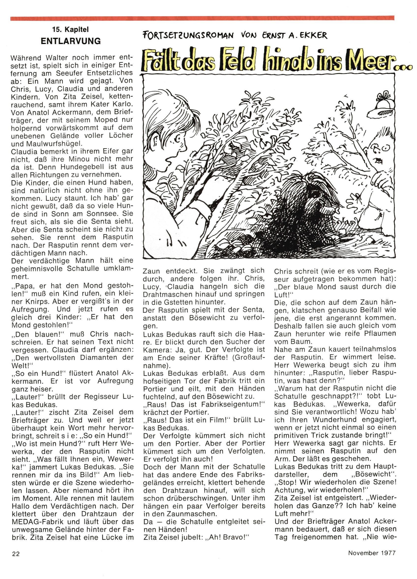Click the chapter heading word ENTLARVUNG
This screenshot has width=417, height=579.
pyautogui.click(x=71, y=41)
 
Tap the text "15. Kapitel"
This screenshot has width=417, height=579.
pyautogui.click(x=70, y=30)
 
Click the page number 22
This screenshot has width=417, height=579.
pyautogui.click(x=15, y=561)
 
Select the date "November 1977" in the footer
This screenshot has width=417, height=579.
pyautogui.click(x=372, y=560)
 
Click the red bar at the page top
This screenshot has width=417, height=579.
pyautogui.click(x=202, y=18)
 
